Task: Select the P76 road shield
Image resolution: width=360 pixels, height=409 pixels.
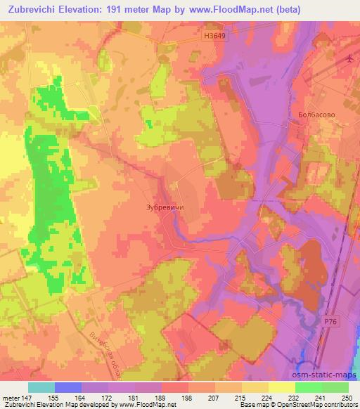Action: click(x=331, y=322)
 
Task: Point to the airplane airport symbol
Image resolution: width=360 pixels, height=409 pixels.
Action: click(x=350, y=58)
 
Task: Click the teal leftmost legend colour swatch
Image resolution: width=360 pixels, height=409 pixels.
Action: click(x=41, y=387)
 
